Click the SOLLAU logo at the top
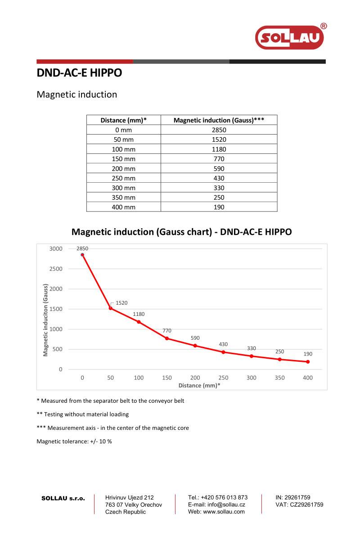coord(290,37)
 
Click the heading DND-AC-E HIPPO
coord(79,73)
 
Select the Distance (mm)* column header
coord(124,120)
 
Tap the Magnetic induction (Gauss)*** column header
coord(219,120)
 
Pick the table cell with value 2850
coord(219,130)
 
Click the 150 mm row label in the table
coord(124,159)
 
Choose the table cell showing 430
coord(219,178)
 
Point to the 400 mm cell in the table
coord(124,207)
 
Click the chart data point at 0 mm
coord(82,255)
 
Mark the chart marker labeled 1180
coord(139,322)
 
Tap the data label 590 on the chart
coord(195,338)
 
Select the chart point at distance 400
coord(308,362)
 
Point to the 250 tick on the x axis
coord(223,378)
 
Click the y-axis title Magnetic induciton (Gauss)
coord(45,320)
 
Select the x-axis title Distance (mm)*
coord(199,386)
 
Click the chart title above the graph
coord(182,232)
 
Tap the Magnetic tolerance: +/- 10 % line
coord(74,441)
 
